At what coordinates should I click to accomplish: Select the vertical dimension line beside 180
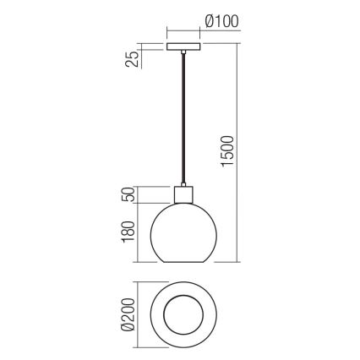pos(139,234)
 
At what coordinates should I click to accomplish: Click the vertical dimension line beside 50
pos(139,196)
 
